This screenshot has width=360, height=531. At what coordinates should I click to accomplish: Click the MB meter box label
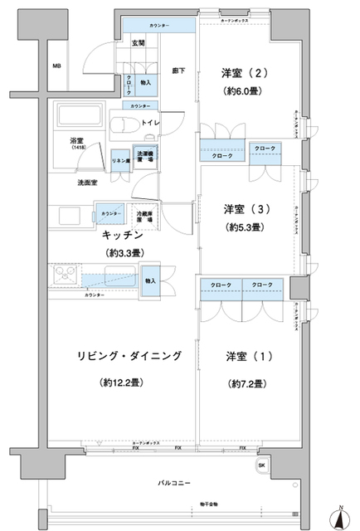tap(56, 66)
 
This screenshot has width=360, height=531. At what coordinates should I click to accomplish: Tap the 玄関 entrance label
tap(139, 42)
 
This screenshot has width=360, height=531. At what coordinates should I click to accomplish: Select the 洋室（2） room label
tap(244, 71)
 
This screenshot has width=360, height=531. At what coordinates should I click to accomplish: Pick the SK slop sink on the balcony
tap(263, 465)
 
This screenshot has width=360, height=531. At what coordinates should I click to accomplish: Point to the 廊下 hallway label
tap(178, 71)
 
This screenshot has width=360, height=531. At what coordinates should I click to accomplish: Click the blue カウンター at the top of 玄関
tap(160, 26)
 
